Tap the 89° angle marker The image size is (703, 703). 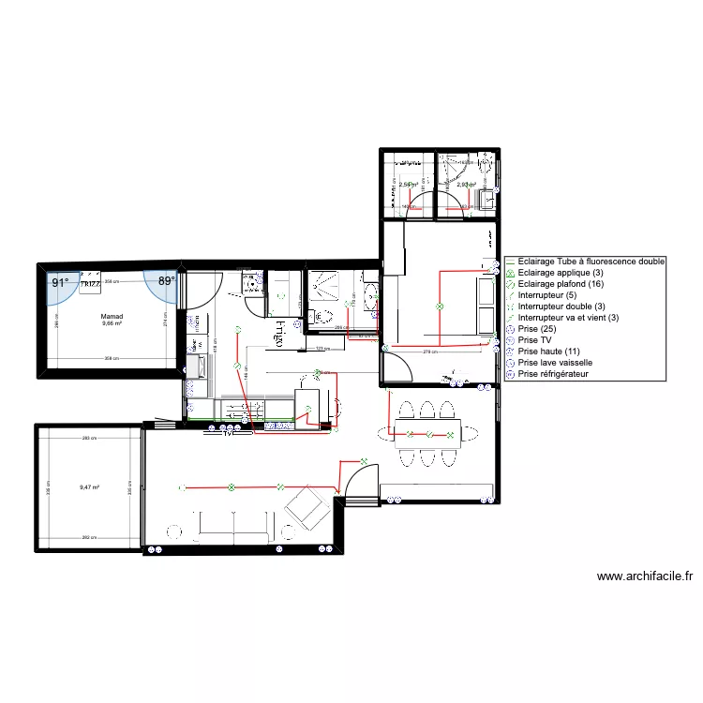coord(166,281)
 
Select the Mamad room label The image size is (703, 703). coord(112,317)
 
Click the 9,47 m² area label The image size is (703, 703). coord(89,487)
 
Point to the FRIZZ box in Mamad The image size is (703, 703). coord(91,283)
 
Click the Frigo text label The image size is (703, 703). coord(279,330)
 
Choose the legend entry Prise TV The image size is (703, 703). coord(539,340)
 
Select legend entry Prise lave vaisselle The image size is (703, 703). coord(554,363)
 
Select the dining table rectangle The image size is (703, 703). coord(427,433)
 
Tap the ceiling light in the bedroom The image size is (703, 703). coord(437,307)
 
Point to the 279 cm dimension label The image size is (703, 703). coord(431,351)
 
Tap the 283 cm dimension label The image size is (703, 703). coord(89,439)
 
